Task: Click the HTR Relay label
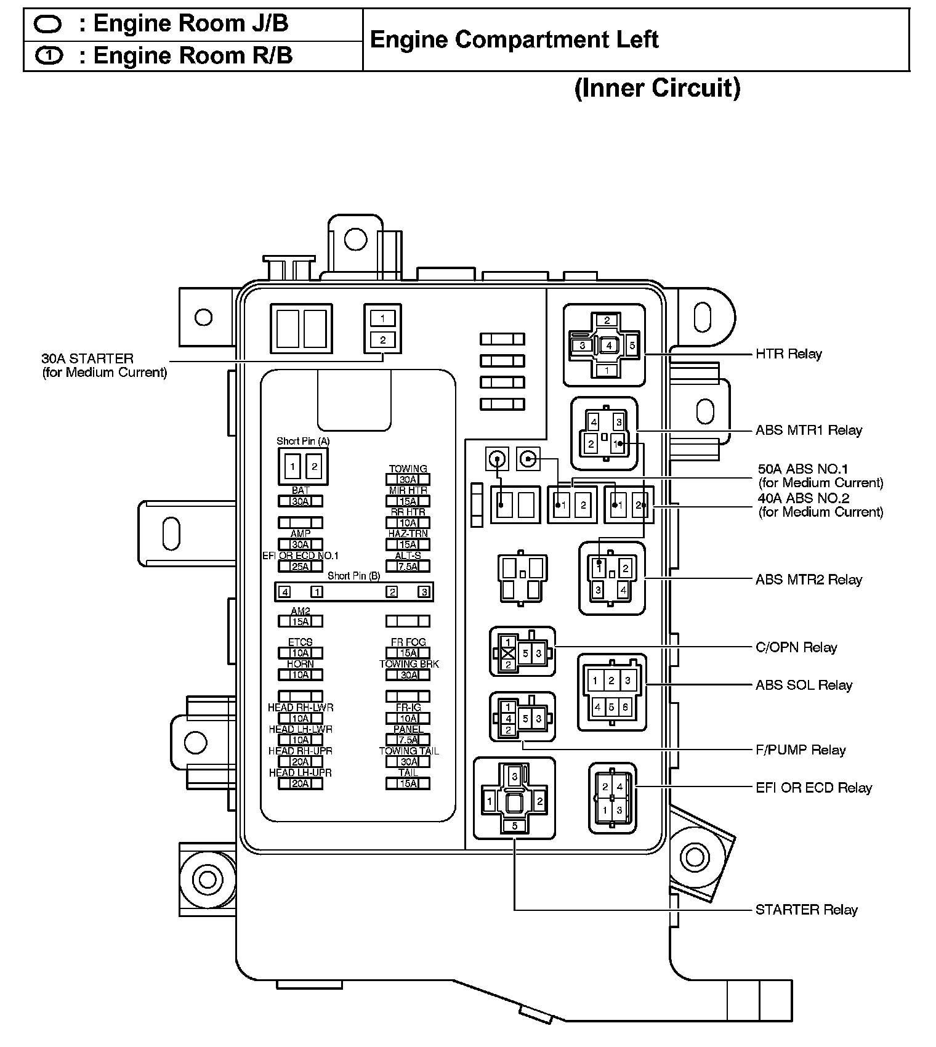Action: (788, 354)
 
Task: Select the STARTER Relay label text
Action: (806, 910)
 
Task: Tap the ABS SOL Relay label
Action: (804, 685)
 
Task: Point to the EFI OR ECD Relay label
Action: (813, 788)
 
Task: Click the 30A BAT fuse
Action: (301, 501)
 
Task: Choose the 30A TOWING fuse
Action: (408, 480)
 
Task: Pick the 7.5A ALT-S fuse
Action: (408, 567)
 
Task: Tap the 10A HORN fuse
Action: (301, 675)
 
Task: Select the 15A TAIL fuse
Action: (408, 783)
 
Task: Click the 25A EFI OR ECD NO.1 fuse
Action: (301, 567)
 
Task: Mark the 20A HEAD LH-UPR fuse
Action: (301, 783)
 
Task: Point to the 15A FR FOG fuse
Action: (408, 653)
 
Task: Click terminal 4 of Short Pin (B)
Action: (284, 592)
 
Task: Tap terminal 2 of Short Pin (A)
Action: (314, 466)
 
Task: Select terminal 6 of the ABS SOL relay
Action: (626, 707)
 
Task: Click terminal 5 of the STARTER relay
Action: (515, 826)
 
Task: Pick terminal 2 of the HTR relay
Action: (607, 320)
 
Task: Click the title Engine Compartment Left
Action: (514, 40)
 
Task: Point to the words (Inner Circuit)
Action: (657, 87)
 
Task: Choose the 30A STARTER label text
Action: (87, 358)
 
